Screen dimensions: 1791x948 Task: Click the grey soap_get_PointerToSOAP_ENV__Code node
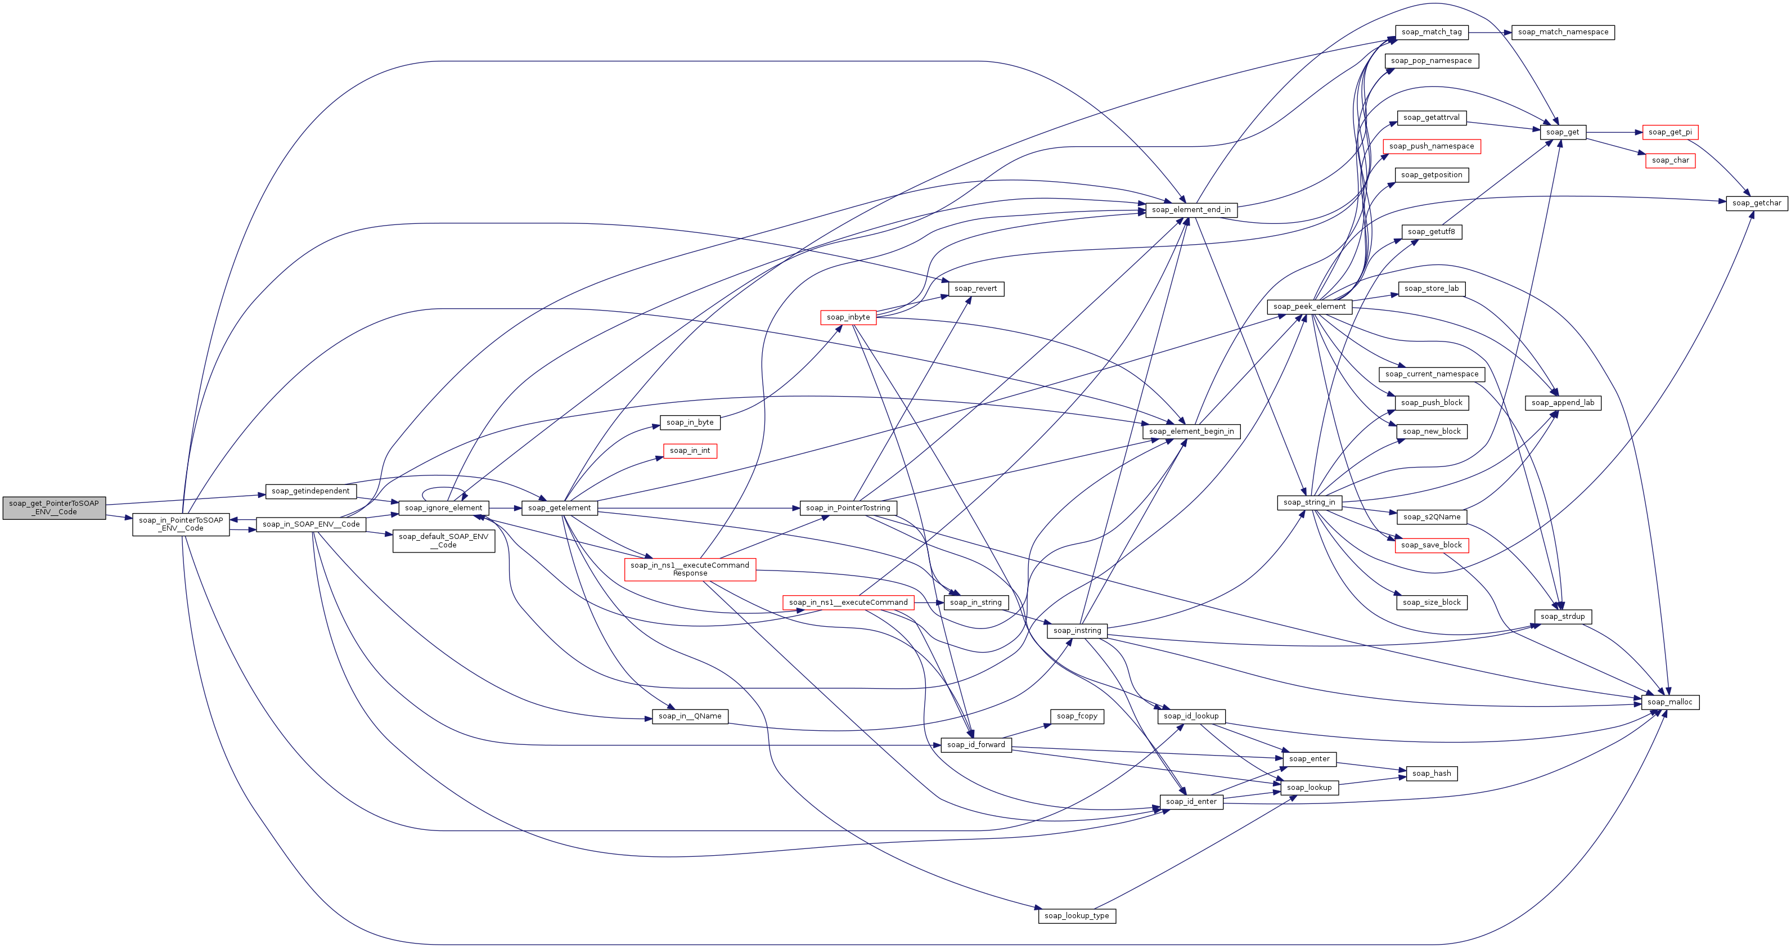pos(54,507)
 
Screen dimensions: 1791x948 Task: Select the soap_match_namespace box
pos(1563,32)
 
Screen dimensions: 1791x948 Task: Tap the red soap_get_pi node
pos(1670,132)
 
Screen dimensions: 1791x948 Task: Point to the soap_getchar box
pos(1756,203)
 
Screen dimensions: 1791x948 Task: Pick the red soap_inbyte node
pos(848,317)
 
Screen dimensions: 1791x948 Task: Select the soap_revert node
pos(975,289)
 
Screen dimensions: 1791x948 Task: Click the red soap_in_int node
pos(690,451)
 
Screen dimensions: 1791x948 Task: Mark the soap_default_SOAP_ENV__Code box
pos(444,541)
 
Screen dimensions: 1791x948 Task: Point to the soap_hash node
pos(1432,774)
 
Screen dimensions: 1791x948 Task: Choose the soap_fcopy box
pos(1077,716)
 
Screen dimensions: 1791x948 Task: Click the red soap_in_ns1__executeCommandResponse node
pos(690,569)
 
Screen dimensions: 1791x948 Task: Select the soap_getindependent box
pos(311,491)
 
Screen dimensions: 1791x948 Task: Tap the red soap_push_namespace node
pos(1432,146)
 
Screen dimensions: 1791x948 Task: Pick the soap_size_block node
pos(1432,603)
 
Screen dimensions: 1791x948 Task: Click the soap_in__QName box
pos(690,716)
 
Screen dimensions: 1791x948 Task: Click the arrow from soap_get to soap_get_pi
pos(1614,132)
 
